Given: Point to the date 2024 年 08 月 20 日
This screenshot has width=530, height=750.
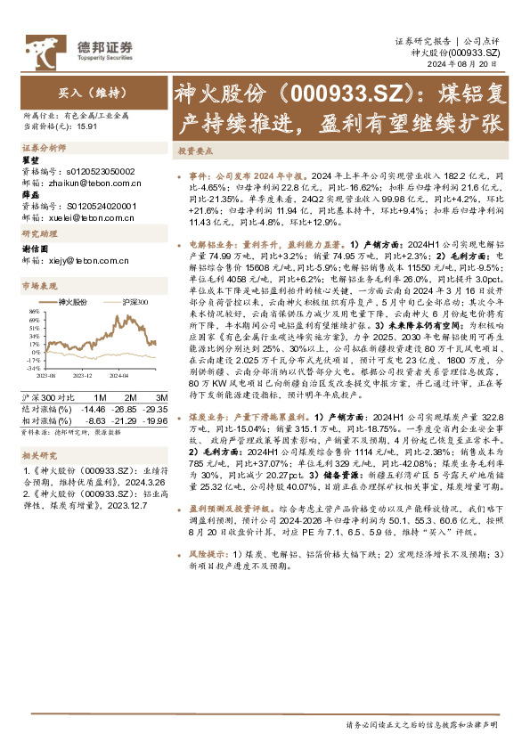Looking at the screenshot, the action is pyautogui.click(x=472, y=65).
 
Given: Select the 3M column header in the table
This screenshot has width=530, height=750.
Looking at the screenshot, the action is pyautogui.click(x=162, y=396).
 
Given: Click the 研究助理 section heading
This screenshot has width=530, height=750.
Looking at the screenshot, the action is pyautogui.click(x=37, y=233).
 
